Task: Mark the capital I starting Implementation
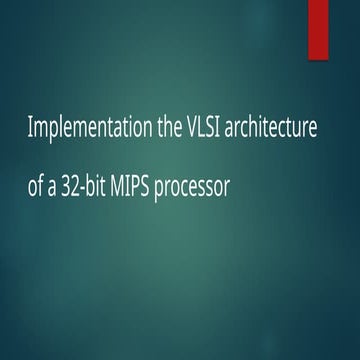click(31, 130)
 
